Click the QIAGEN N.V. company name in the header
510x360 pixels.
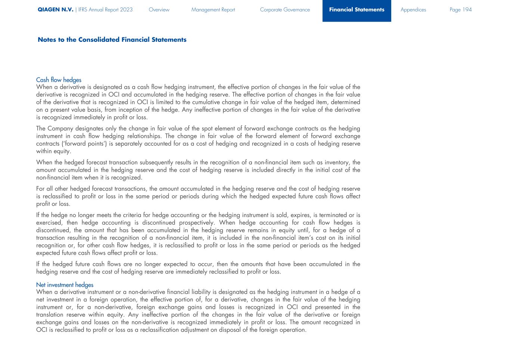(x=55, y=10)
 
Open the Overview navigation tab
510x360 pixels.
(x=159, y=10)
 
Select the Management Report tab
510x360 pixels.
(x=213, y=10)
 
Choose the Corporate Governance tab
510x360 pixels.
(x=285, y=10)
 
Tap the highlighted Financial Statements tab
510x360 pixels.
(x=356, y=10)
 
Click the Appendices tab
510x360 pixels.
(x=413, y=10)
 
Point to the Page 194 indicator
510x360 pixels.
(x=460, y=10)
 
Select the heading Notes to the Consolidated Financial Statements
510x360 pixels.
(x=112, y=40)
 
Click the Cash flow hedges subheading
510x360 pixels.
(x=59, y=80)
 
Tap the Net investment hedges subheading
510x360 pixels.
(x=65, y=285)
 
